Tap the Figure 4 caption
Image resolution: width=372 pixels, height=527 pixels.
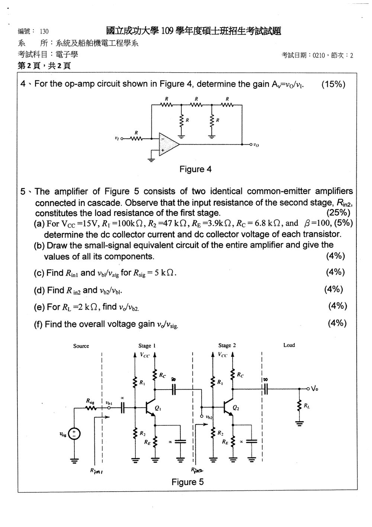coord(195,169)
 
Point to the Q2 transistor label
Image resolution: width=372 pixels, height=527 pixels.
coord(236,408)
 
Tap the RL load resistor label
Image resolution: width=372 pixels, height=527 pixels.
coord(307,405)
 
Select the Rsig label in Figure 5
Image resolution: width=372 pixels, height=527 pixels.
coord(90,400)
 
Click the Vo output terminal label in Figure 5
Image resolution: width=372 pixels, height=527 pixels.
coord(315,388)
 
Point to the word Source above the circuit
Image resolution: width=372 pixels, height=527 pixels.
coord(81,346)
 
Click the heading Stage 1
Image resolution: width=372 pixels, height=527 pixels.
coord(147,346)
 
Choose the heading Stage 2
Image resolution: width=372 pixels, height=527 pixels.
coord(227,345)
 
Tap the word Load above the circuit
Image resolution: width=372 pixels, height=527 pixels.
coord(289,345)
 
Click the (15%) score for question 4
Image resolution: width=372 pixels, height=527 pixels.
coord(333,84)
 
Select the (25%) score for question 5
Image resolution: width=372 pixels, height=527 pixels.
coord(339,213)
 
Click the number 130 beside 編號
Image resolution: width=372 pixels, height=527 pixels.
coord(44,31)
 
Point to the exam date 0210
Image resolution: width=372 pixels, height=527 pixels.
coord(318,55)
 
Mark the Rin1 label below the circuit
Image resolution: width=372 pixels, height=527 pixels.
coord(96,471)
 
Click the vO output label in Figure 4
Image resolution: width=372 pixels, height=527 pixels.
coord(256,145)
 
